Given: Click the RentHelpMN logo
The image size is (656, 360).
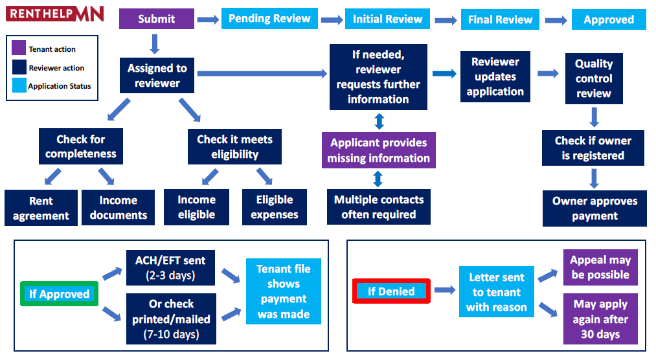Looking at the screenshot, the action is click(x=55, y=14).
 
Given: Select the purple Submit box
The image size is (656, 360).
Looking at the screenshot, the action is click(x=157, y=19).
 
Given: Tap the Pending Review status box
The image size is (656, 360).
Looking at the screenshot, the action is click(x=269, y=19).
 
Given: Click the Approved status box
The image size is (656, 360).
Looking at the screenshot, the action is click(x=609, y=19).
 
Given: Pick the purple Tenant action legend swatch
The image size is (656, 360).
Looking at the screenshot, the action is click(x=19, y=48).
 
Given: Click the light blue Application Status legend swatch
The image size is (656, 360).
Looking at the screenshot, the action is click(x=19, y=85).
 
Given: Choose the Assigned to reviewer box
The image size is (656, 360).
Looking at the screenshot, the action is click(x=157, y=75).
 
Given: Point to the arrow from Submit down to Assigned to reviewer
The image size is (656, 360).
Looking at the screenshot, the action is click(x=155, y=44).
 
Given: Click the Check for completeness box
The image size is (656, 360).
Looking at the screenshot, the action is click(x=81, y=146).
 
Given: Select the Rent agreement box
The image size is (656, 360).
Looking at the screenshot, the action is click(x=41, y=208).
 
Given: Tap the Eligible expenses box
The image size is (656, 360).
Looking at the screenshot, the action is click(x=275, y=207).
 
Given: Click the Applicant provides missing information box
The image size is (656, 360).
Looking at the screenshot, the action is click(x=379, y=150).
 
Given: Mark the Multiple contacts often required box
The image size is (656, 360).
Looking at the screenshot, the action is click(x=379, y=207).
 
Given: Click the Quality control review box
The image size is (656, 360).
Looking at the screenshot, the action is click(x=594, y=78).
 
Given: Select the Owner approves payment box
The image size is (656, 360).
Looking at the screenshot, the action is click(x=594, y=208).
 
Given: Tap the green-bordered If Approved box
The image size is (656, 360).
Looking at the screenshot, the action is click(x=60, y=294).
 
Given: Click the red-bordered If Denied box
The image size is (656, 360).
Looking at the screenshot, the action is click(x=391, y=291).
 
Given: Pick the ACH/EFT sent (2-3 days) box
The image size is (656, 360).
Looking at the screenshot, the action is click(x=170, y=267).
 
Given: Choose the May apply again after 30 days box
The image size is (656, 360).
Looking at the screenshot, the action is click(x=600, y=319).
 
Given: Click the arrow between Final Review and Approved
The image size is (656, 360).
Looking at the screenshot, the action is click(x=556, y=20).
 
